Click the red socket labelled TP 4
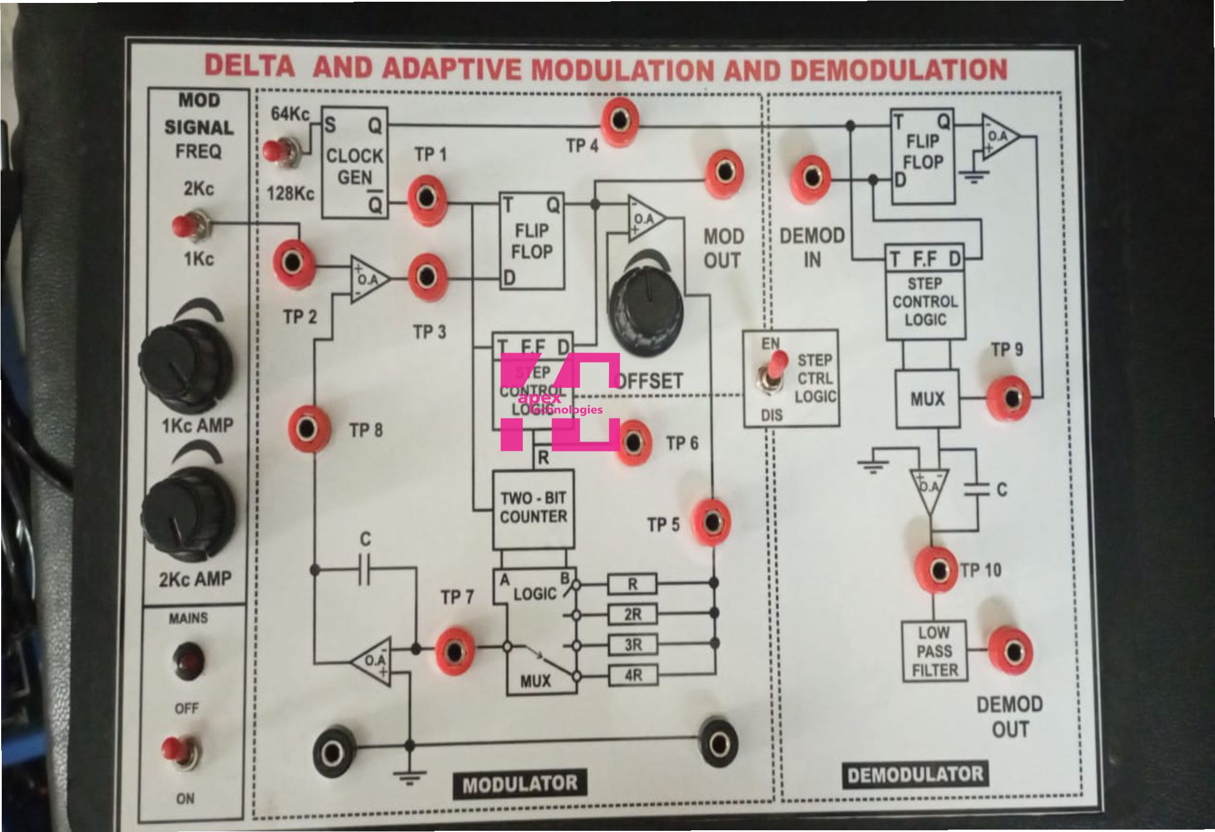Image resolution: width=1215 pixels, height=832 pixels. pyautogui.click(x=617, y=122)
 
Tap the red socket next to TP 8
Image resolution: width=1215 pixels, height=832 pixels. pyautogui.click(x=305, y=427)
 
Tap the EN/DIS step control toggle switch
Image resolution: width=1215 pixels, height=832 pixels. pyautogui.click(x=774, y=369)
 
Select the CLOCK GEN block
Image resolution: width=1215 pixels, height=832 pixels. pyautogui.click(x=355, y=163)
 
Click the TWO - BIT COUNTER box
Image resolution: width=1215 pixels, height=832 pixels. pyautogui.click(x=533, y=509)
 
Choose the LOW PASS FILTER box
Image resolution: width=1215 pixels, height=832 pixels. pyautogui.click(x=934, y=651)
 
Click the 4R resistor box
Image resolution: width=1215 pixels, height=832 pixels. pyautogui.click(x=633, y=675)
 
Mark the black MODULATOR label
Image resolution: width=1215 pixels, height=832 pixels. pyautogui.click(x=520, y=784)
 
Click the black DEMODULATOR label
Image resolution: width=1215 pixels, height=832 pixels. pyautogui.click(x=915, y=775)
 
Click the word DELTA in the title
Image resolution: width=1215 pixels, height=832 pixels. pyautogui.click(x=250, y=66)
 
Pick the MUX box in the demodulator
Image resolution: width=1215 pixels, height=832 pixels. pyautogui.click(x=927, y=399)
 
